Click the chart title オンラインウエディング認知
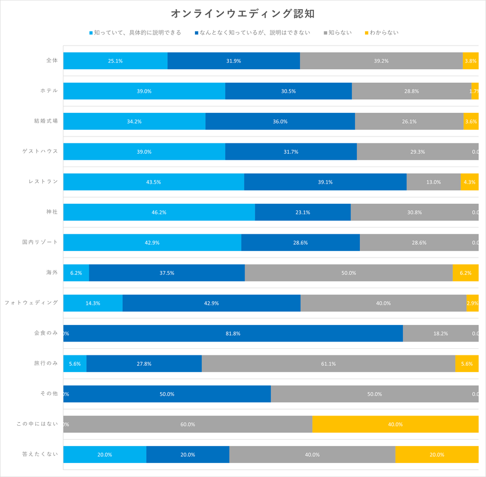242,13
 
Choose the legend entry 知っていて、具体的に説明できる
138,33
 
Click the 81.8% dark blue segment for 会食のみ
233,334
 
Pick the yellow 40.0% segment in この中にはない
395,424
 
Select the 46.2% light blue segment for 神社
159,212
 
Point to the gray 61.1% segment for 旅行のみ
328,364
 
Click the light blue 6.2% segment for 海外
76,273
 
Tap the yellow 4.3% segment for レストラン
469,182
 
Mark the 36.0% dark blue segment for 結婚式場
280,122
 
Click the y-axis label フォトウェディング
31,302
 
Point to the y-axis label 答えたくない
40,454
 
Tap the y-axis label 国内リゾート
40,242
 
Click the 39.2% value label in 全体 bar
381,61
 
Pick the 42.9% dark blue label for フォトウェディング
211,303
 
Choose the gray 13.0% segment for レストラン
433,182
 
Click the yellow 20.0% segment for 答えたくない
437,455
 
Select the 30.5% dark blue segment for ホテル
288,91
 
